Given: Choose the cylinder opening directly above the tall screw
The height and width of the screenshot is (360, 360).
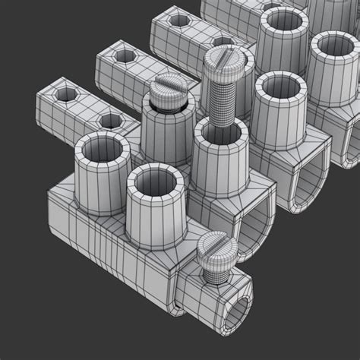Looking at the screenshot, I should click(x=282, y=18).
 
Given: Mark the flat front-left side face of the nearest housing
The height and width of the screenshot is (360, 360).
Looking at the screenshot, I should click(x=106, y=243).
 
